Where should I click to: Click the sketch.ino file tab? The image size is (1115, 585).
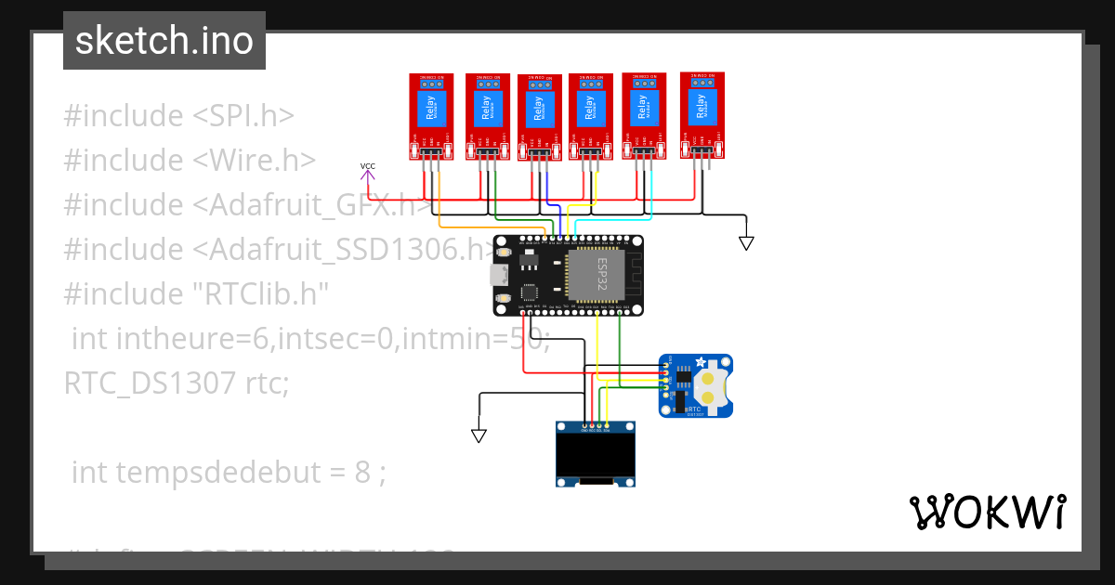(164, 41)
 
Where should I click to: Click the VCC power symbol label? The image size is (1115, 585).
(368, 167)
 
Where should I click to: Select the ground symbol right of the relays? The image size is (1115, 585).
(745, 242)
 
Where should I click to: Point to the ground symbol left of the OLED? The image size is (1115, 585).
(479, 435)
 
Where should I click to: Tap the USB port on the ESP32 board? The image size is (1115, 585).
(500, 274)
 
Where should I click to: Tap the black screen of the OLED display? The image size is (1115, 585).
(596, 455)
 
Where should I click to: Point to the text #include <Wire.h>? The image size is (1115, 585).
(190, 161)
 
